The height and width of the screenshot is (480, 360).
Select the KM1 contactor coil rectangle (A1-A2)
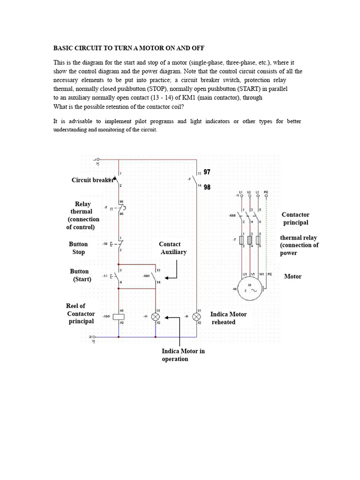pos(119,317)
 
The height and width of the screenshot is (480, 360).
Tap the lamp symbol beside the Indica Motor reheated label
pos(197,317)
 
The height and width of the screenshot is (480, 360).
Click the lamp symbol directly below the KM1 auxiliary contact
pos(156,317)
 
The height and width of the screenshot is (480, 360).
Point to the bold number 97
pos(207,172)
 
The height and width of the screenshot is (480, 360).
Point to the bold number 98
pos(207,187)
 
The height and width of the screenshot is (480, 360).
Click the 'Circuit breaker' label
pos(92,180)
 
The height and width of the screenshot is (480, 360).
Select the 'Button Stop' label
pos(78,248)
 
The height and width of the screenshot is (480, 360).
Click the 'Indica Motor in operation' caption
pos(183,355)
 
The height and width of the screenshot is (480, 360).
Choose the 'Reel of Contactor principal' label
pos(81,314)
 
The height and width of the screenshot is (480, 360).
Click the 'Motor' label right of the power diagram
pos(293,277)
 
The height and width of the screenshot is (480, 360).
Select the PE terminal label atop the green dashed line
pos(266,193)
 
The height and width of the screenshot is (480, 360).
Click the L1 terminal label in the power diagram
pos(241,193)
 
